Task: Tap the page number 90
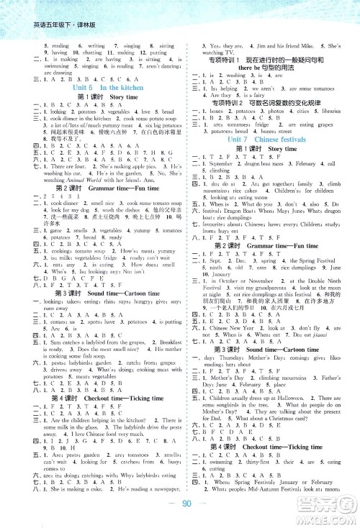click(x=181, y=505)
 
